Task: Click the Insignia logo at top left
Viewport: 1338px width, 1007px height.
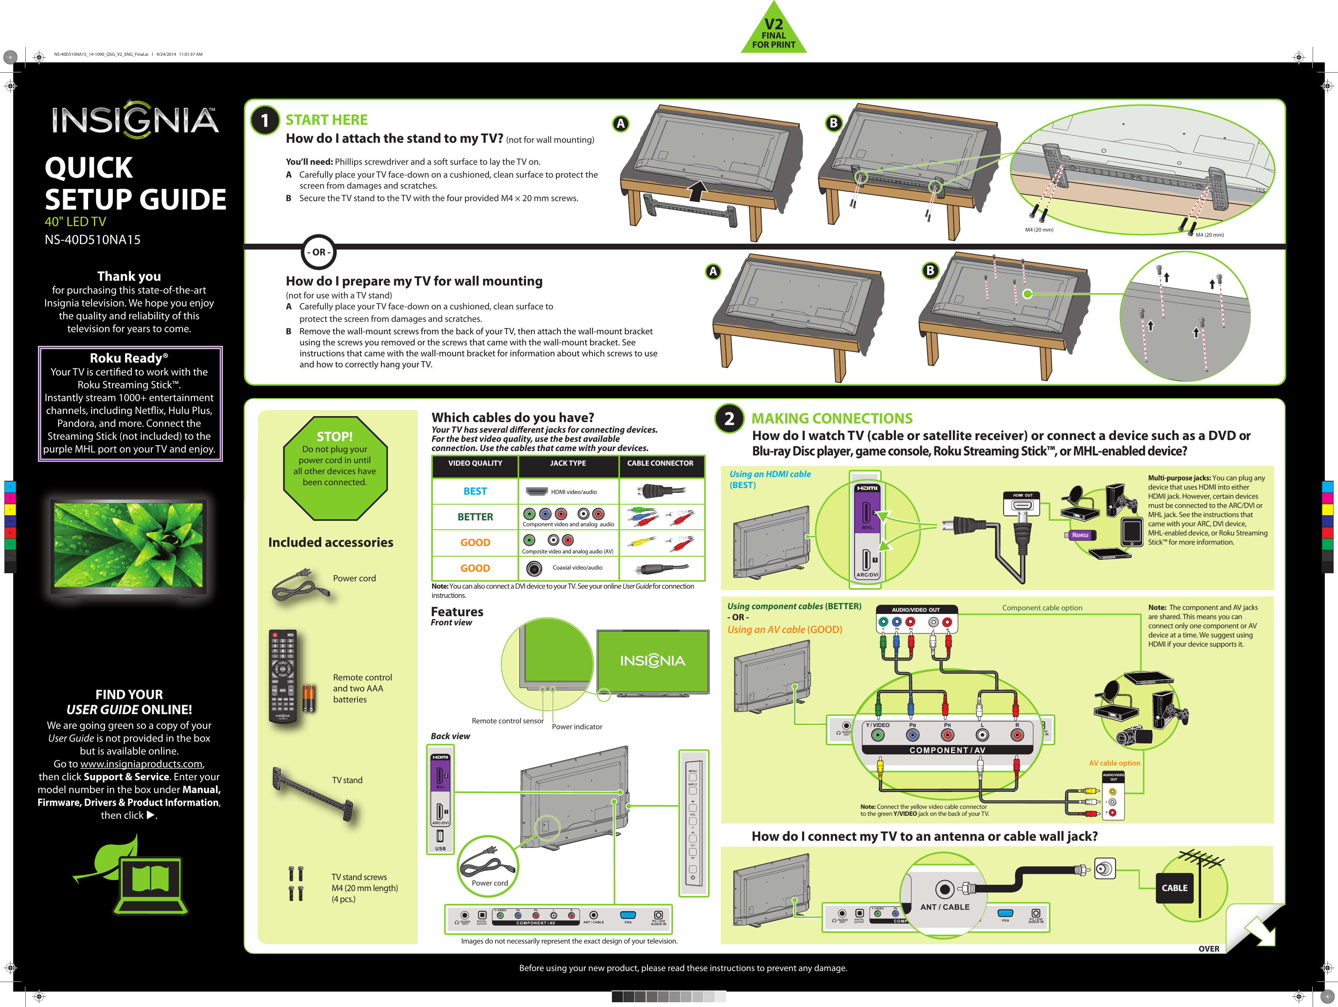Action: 135,119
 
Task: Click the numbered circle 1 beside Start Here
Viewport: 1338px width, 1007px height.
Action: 264,120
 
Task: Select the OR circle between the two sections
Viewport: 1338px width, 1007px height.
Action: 318,252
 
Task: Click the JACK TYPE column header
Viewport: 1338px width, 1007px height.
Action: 568,463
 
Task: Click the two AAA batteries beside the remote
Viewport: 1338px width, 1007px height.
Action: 308,698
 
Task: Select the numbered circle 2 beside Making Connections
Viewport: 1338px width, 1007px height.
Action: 729,418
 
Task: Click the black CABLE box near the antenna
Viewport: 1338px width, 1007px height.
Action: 1174,888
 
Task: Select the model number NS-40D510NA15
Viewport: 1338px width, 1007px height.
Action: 93,240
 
